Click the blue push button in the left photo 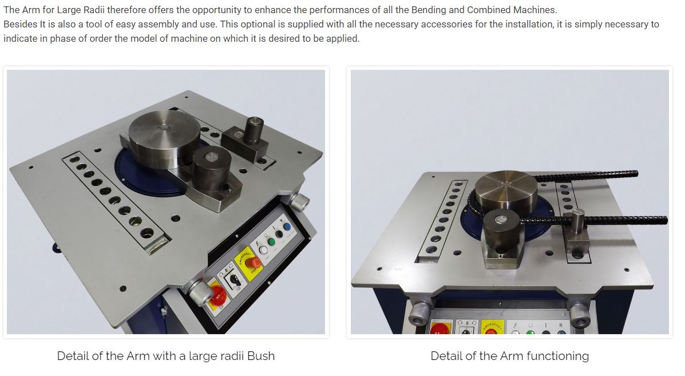tap(287, 227)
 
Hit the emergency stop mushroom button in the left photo tap(254, 263)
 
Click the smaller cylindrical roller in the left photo tap(211, 165)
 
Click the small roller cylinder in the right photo tap(501, 225)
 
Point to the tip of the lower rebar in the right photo tap(664, 219)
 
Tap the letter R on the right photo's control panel tap(560, 324)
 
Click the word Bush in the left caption tap(260, 356)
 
